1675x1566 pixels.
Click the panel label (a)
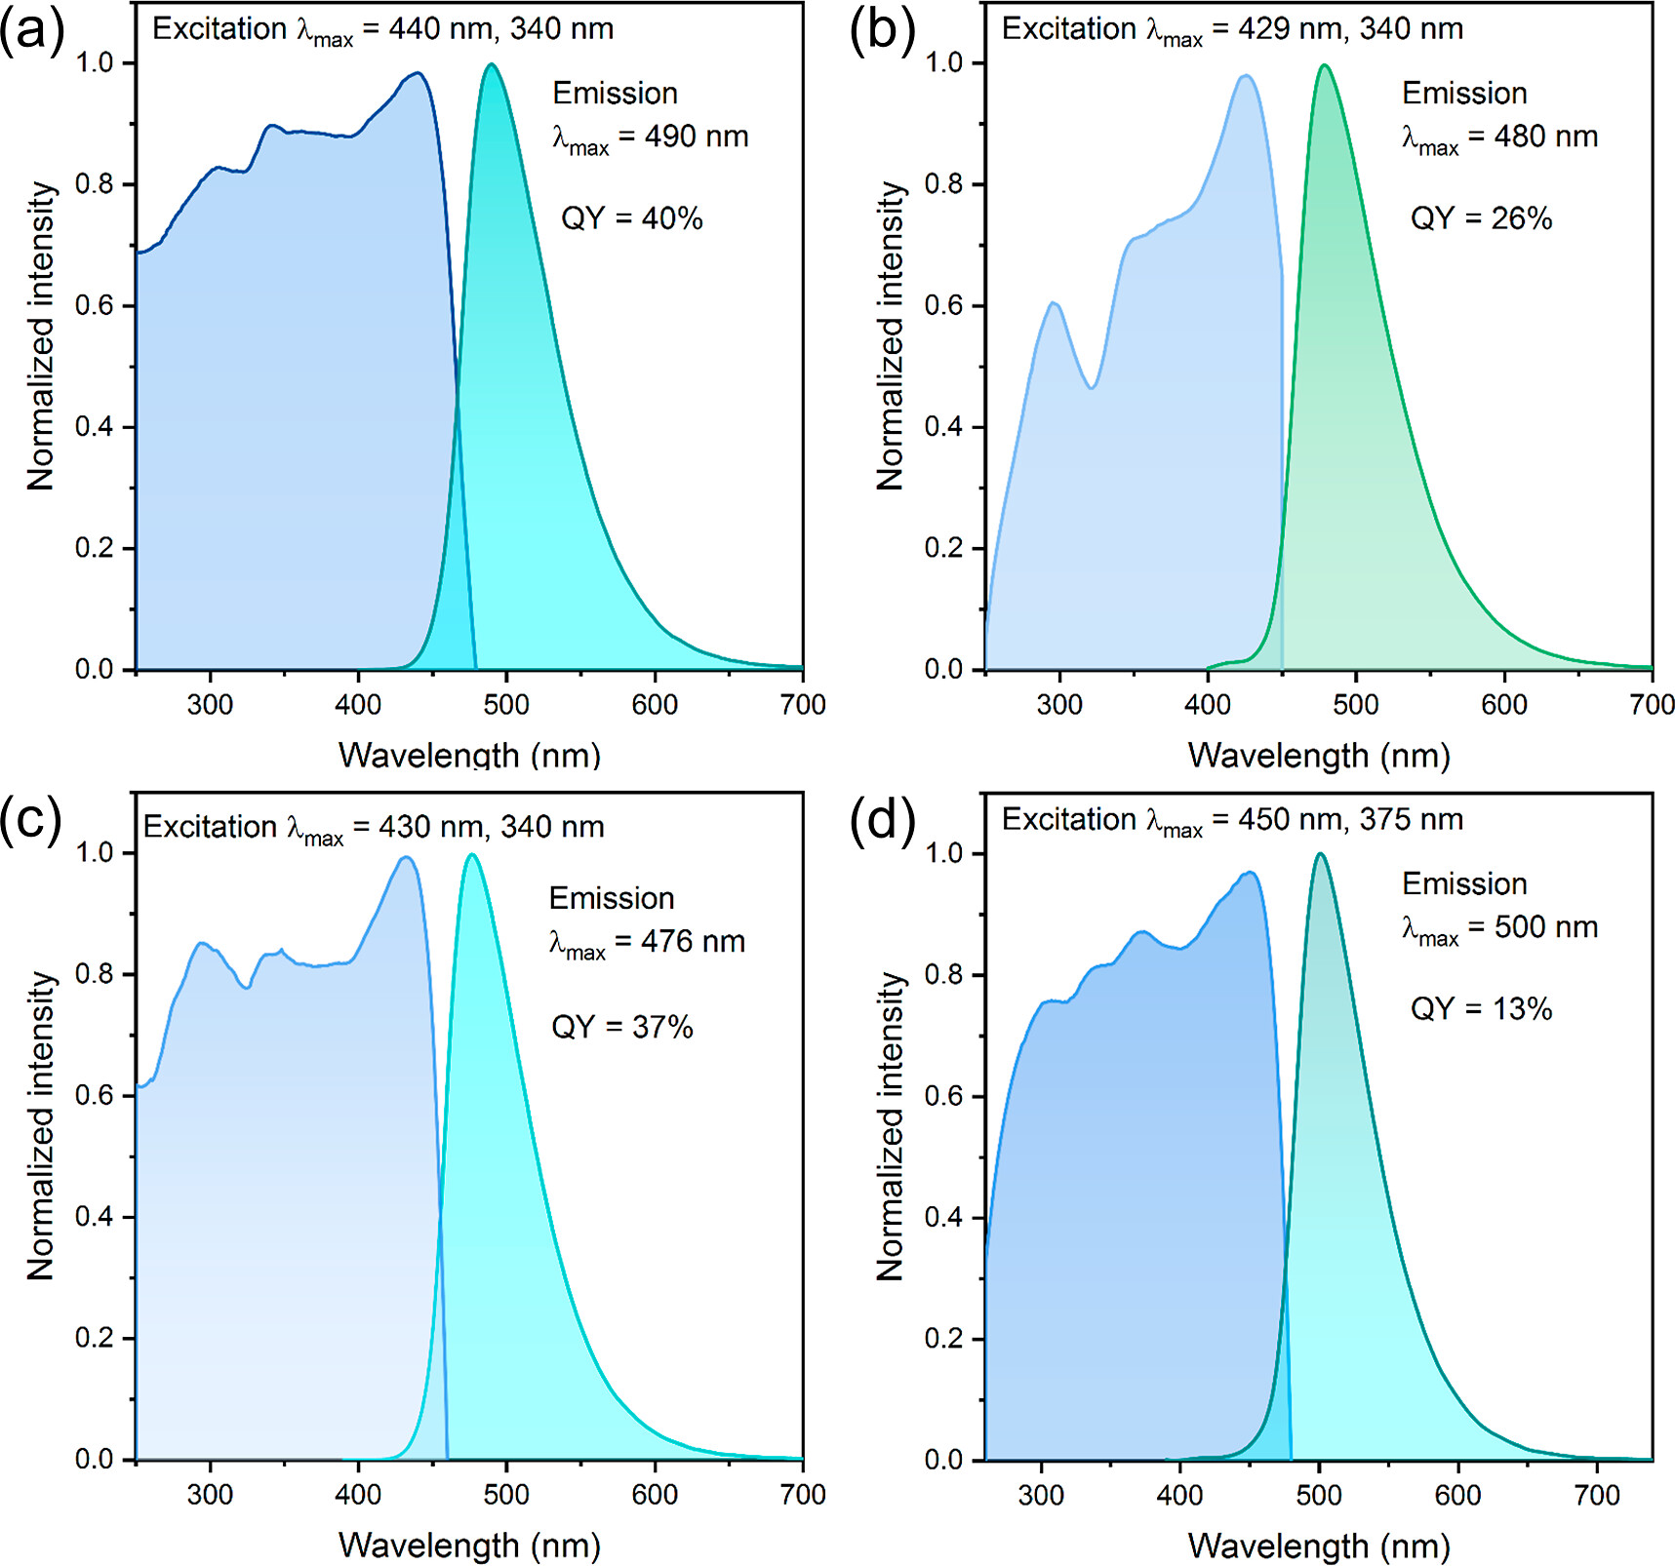(x=31, y=31)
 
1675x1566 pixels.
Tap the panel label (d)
(x=881, y=821)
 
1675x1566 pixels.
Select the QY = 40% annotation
(x=631, y=218)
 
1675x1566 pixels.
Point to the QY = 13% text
(x=1481, y=1008)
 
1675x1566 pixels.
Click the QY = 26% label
(x=1481, y=218)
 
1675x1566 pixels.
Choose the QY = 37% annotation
(x=622, y=1027)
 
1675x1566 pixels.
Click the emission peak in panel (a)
(x=492, y=64)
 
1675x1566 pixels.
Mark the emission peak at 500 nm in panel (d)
(x=1320, y=854)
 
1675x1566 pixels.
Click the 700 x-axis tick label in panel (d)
(x=1597, y=1496)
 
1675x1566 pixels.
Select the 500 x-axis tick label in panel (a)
(x=506, y=705)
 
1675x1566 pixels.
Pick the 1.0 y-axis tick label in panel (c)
(x=95, y=853)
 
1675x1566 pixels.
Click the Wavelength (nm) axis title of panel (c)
(x=469, y=1546)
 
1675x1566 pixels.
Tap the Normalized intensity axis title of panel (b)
(x=890, y=336)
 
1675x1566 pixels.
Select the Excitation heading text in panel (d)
(x=1068, y=820)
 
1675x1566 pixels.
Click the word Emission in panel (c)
(x=612, y=898)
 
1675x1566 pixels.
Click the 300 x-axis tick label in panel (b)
(x=1059, y=705)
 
